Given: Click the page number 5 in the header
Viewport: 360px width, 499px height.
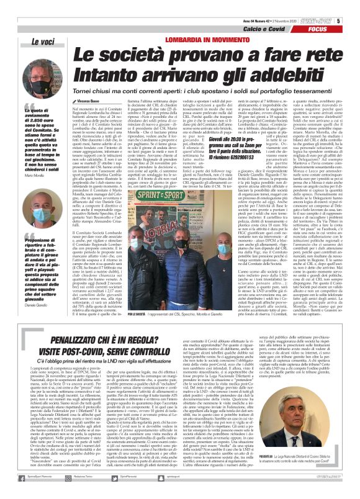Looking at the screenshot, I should coord(339,20).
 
